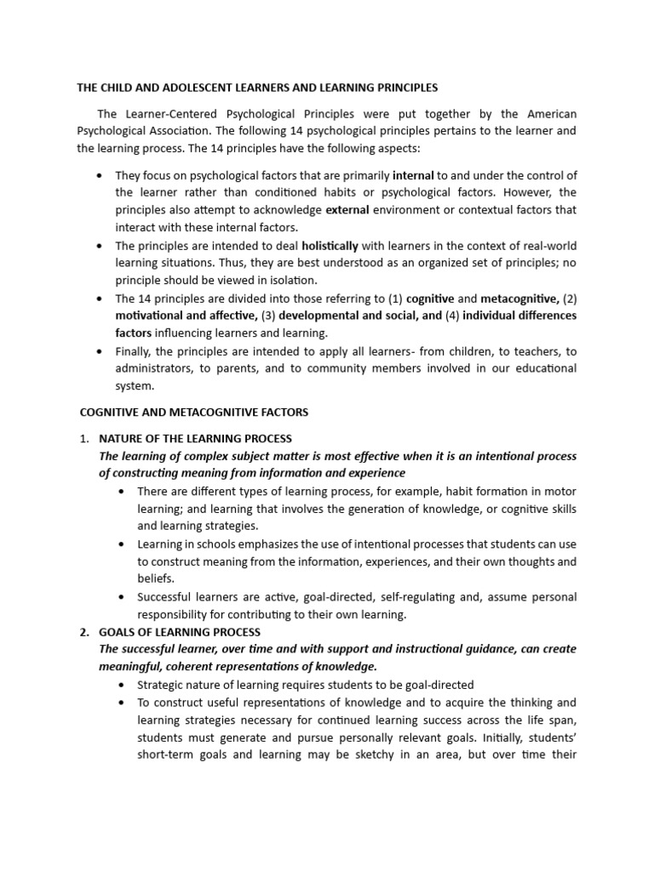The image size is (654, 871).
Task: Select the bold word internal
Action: tap(413, 176)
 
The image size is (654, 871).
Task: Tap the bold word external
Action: tap(347, 209)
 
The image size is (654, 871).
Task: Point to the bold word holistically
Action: tap(330, 246)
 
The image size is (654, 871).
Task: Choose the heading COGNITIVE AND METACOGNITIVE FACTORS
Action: tap(193, 412)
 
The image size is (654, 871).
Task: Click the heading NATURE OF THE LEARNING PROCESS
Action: tap(195, 439)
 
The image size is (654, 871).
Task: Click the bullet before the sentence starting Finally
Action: tap(100, 351)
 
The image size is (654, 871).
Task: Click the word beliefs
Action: tap(157, 578)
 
